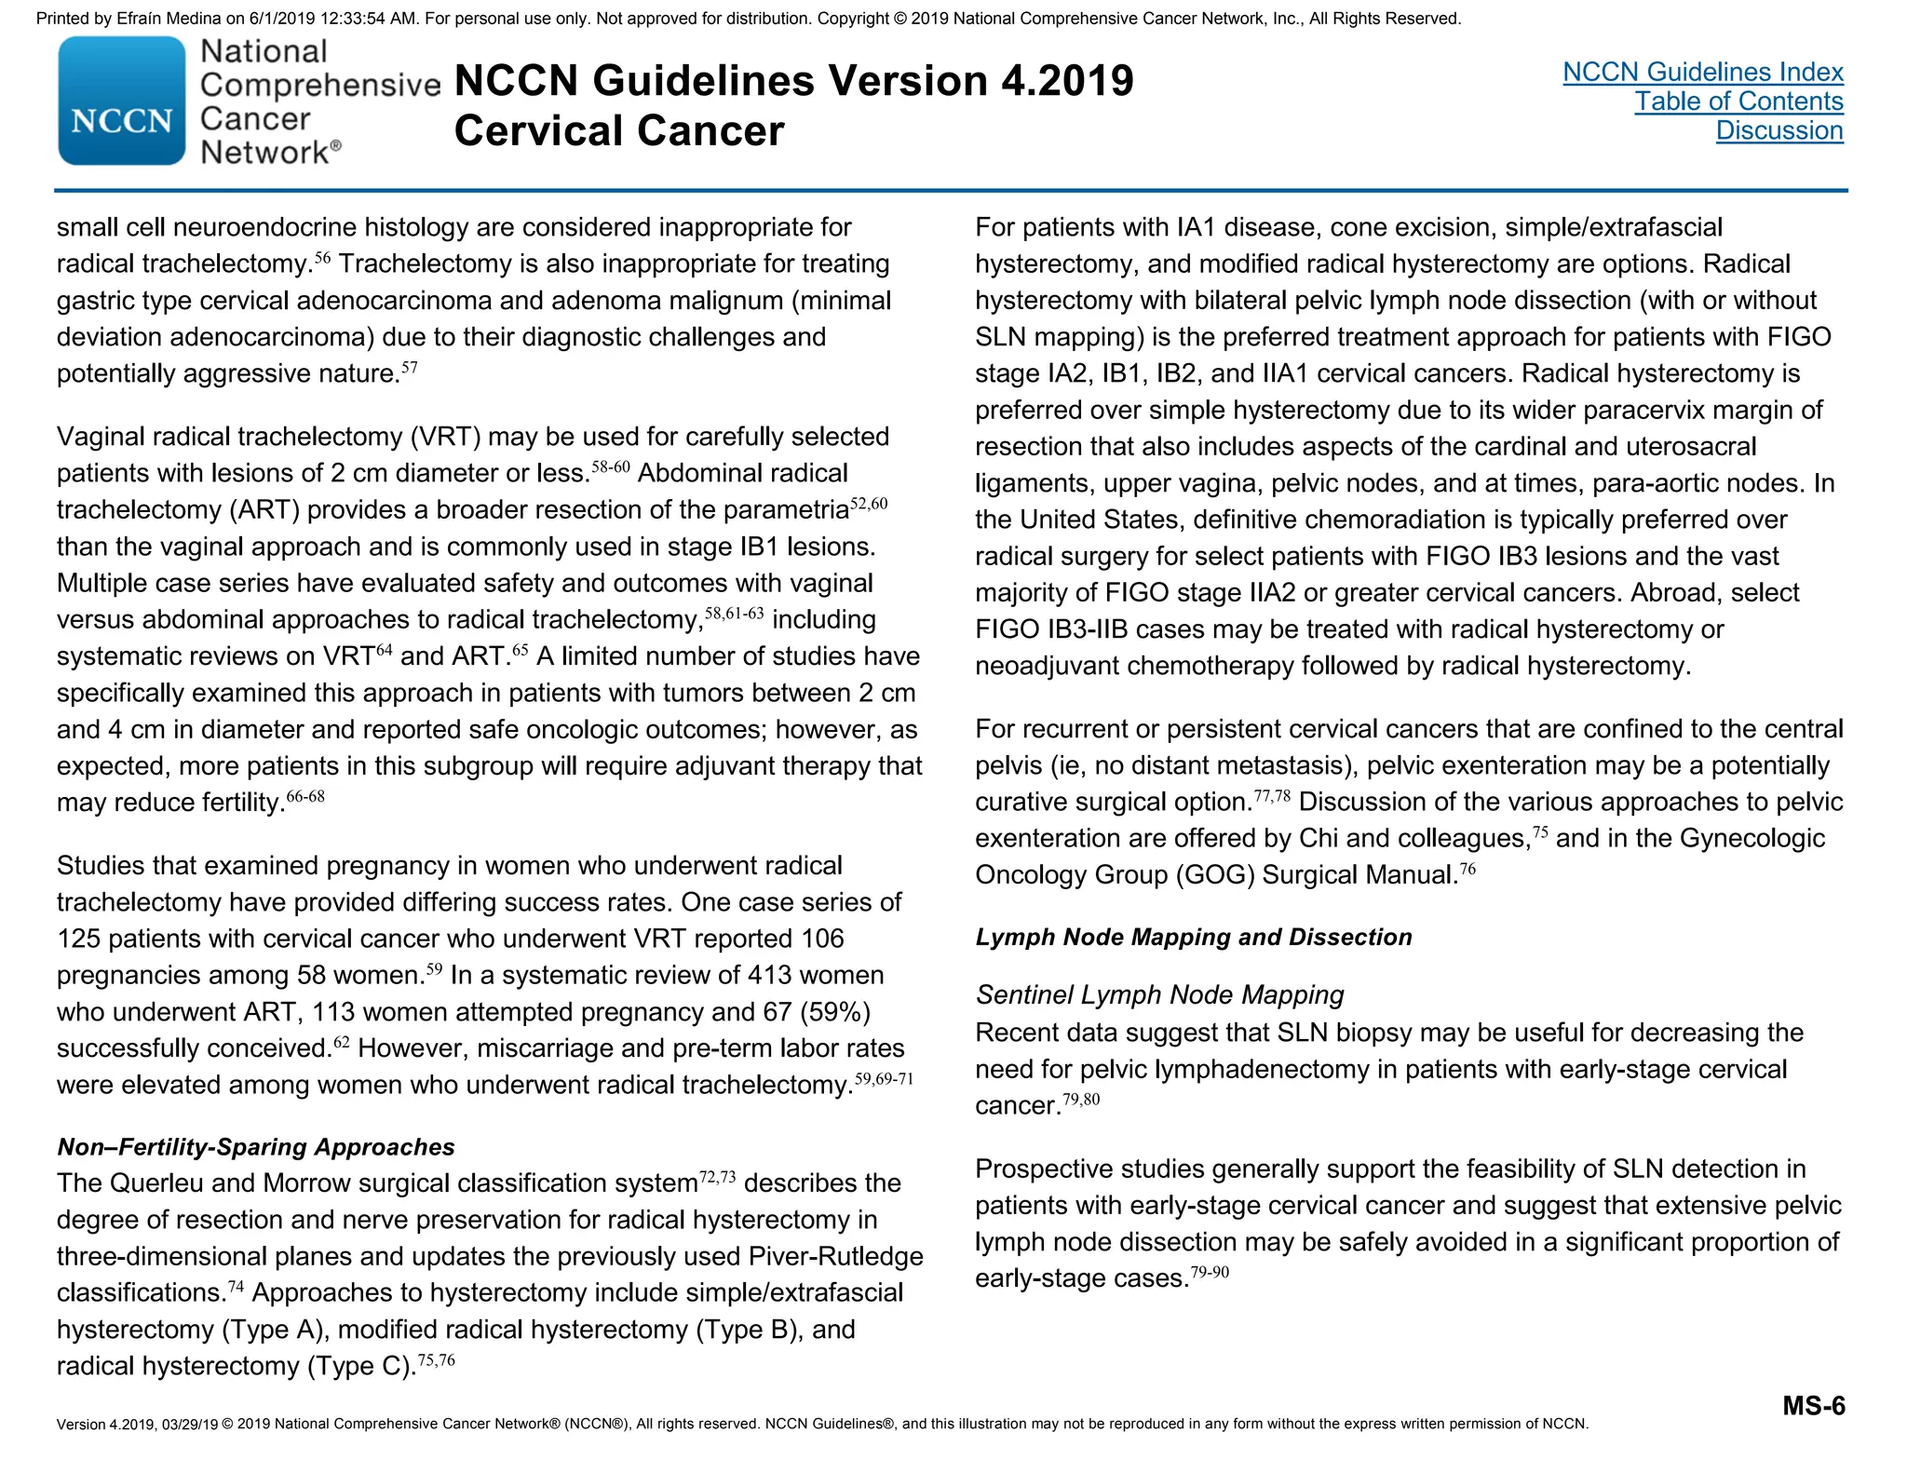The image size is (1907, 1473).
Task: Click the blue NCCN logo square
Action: (121, 101)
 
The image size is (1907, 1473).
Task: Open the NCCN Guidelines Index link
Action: (1702, 72)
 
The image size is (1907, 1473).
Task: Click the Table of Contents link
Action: (1738, 101)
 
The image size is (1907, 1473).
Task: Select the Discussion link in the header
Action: (1779, 130)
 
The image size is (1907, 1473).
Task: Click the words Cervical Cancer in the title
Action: (619, 130)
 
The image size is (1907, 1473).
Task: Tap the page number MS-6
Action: (1813, 1405)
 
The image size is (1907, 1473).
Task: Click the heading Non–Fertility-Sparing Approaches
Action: (256, 1146)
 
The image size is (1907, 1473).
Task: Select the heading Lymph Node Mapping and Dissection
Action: (1193, 937)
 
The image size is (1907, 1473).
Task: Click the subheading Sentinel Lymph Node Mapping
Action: (1159, 994)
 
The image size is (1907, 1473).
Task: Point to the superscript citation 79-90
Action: (1210, 1272)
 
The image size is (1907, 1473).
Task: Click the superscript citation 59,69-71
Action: (884, 1079)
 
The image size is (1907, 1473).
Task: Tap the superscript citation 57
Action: (410, 368)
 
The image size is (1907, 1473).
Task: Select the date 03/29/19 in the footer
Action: (190, 1424)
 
